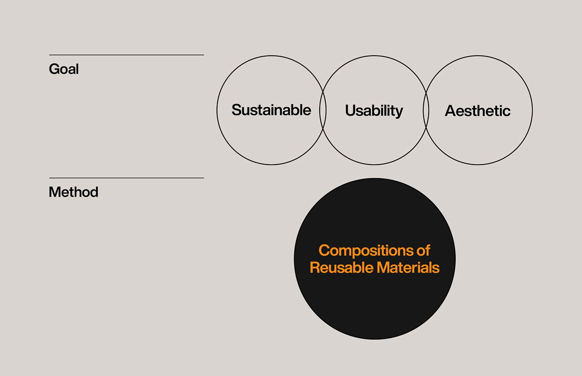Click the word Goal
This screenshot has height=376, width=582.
coord(64,69)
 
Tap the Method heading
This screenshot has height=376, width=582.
coord(74,192)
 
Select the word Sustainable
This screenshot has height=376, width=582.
coord(271,110)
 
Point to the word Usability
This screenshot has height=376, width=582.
coord(374,111)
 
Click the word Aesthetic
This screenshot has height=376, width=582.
coord(478,111)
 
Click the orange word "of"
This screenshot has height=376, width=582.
coord(423,251)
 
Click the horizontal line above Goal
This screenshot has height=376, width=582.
coord(126,55)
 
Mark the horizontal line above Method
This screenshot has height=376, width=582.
coord(126,178)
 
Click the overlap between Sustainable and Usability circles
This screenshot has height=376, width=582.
coord(323,111)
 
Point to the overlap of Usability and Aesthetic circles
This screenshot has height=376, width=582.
coord(426,111)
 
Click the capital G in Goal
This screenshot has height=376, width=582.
coord(54,69)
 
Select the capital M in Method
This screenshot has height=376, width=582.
coord(54,192)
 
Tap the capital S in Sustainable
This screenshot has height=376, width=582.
coord(237,110)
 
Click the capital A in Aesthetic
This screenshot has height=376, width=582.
coord(451,111)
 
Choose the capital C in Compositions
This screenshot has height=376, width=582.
coord(324,251)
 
